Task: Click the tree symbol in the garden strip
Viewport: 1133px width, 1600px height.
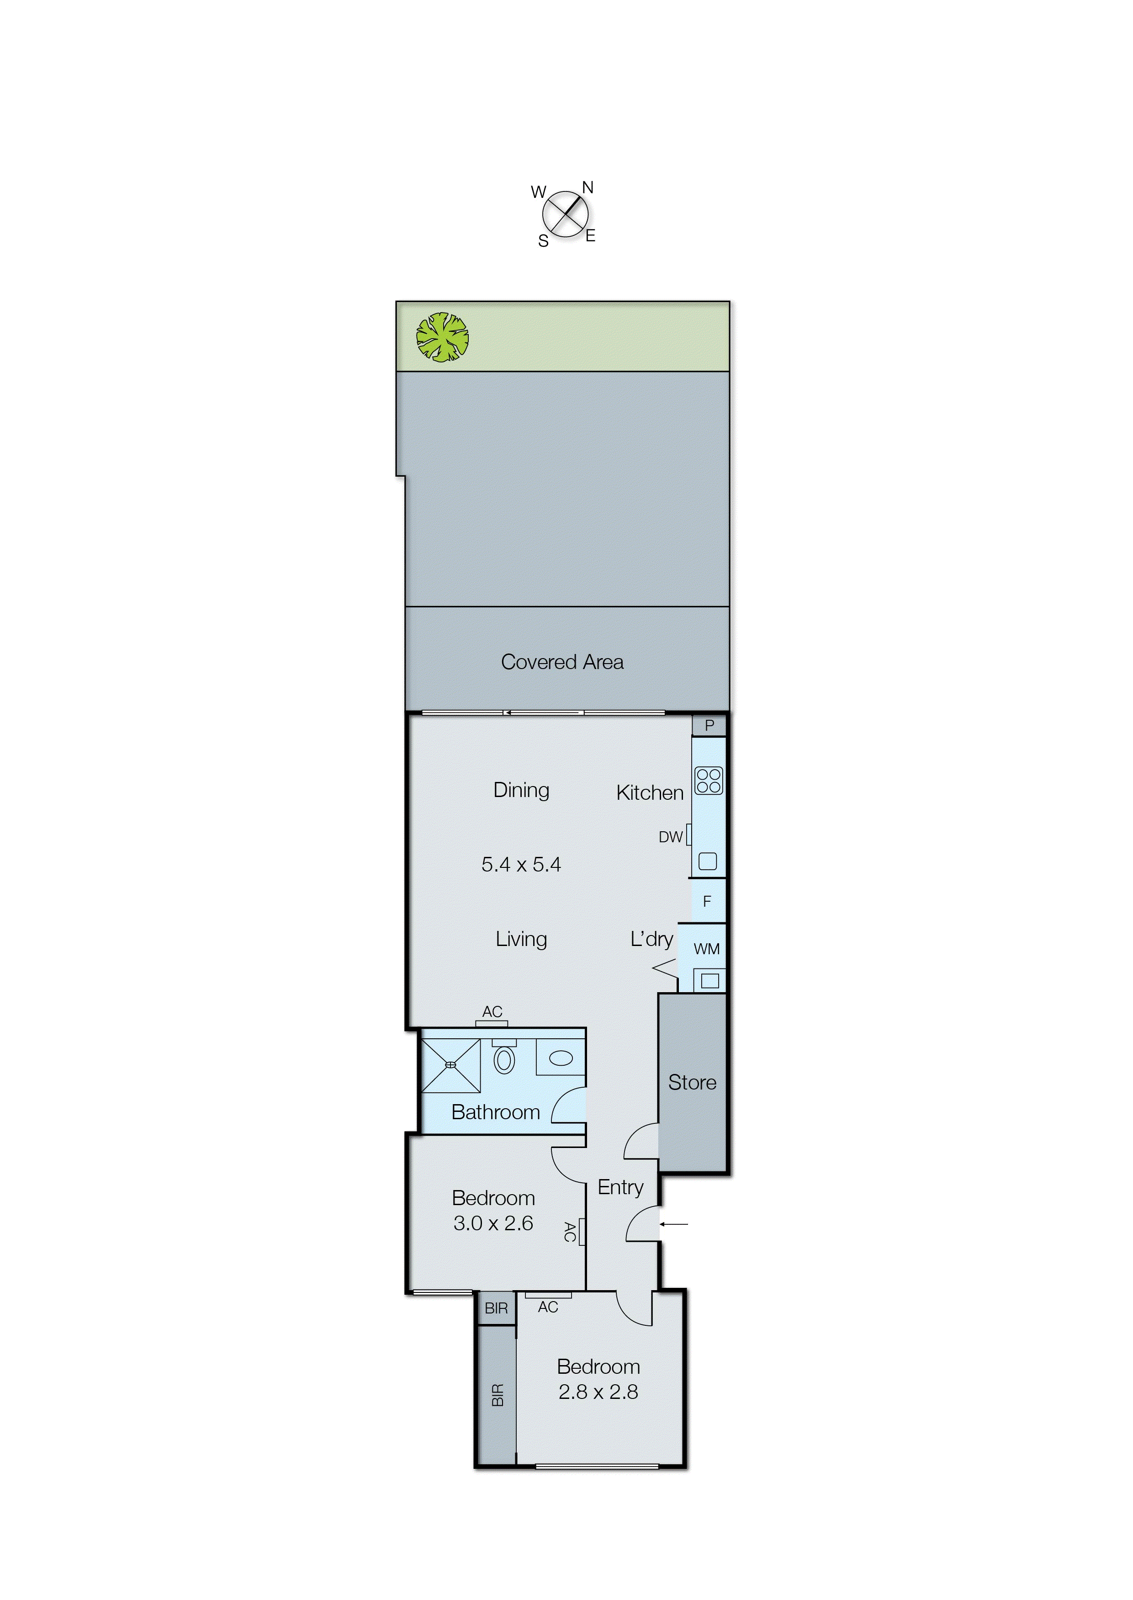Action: pos(442,337)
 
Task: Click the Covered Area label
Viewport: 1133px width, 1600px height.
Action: pos(562,661)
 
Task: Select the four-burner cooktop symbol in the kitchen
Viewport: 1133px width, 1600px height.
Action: pos(708,781)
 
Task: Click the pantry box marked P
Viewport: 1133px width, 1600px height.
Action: pos(709,726)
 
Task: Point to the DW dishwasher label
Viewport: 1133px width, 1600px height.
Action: pos(671,837)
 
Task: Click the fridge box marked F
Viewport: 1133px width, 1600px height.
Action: pos(707,902)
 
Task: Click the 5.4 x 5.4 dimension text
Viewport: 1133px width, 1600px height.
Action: pos(521,865)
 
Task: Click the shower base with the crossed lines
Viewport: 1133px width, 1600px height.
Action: pos(451,1065)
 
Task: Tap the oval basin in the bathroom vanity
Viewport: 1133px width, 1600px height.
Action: pos(560,1058)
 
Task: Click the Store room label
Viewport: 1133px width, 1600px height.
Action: pos(692,1082)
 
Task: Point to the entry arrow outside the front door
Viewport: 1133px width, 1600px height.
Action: pos(674,1224)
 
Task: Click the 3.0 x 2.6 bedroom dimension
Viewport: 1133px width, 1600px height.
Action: pos(493,1223)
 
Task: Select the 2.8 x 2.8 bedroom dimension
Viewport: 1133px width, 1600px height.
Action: pos(598,1392)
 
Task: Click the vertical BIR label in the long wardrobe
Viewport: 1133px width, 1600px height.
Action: pos(497,1396)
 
